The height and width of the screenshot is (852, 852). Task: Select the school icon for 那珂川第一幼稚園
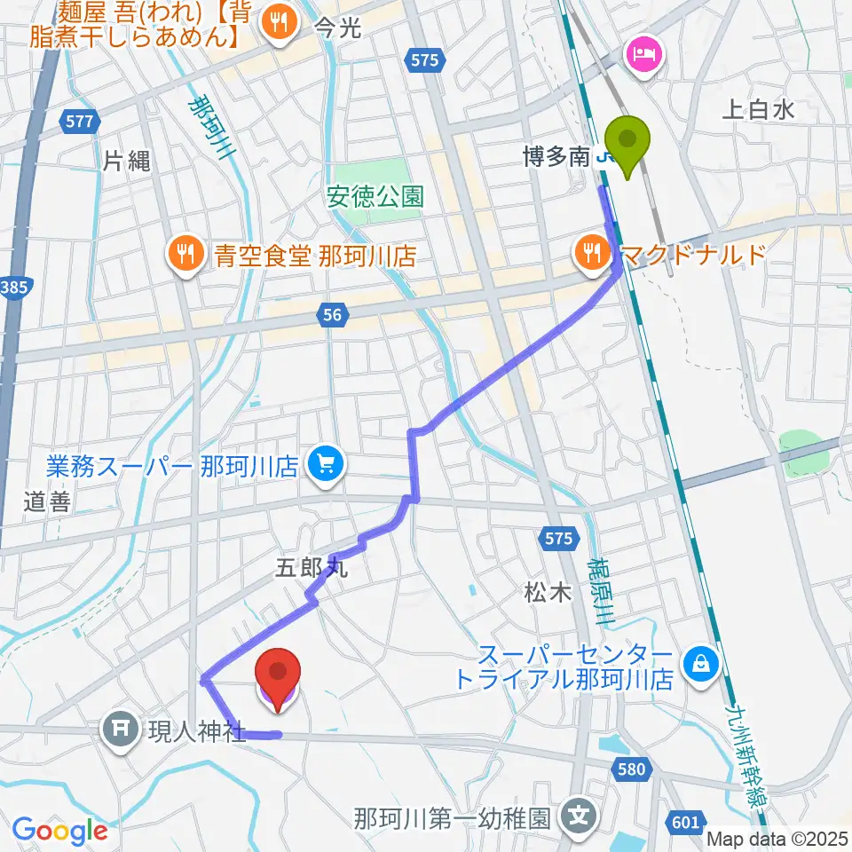coord(580,812)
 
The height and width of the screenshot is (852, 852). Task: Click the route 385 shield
coord(14,289)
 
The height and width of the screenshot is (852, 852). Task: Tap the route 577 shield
coord(80,123)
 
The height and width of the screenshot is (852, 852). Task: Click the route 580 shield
coord(632,769)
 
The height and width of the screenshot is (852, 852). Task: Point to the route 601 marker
coord(685,823)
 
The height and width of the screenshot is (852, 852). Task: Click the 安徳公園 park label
coord(375,197)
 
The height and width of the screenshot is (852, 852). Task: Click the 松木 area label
coord(548,594)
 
